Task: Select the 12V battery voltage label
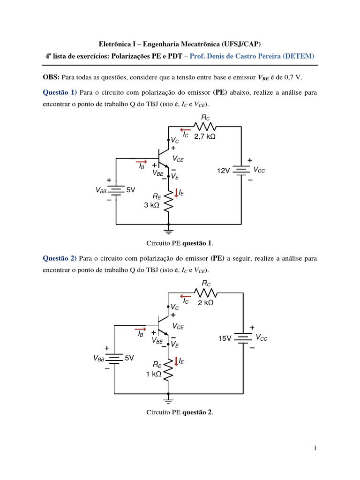pos(223,171)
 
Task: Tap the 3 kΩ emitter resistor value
pos(152,204)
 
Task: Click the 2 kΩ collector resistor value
pos(205,303)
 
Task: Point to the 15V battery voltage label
pos(225,338)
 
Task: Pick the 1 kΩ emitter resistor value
pos(153,374)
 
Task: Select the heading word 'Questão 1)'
pos(60,92)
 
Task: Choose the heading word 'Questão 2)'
pos(60,258)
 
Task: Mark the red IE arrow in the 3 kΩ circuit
pos(177,192)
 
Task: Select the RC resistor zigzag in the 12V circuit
pos(206,126)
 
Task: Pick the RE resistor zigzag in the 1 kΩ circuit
pos(168,370)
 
